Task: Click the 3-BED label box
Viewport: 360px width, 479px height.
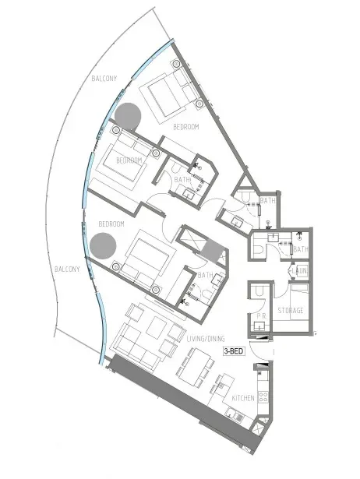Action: click(234, 351)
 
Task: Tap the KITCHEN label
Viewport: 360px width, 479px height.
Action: click(243, 398)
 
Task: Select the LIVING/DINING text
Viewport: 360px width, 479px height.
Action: click(206, 339)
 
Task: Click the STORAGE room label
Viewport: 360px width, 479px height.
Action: click(291, 310)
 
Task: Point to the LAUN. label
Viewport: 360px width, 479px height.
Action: click(299, 271)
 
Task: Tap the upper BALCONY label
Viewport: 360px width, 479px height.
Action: click(104, 79)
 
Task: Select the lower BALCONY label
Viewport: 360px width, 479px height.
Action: click(67, 269)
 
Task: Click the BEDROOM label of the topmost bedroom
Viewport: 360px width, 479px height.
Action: click(186, 127)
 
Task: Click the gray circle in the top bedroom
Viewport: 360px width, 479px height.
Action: click(128, 116)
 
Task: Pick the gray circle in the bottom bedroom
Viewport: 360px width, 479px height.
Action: click(104, 246)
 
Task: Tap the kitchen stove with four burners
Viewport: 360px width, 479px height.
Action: click(263, 397)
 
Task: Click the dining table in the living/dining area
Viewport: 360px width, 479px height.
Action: click(195, 368)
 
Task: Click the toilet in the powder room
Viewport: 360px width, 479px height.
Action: click(259, 291)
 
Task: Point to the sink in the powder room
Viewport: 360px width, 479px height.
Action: click(259, 326)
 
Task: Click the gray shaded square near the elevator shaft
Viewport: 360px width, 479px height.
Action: click(213, 250)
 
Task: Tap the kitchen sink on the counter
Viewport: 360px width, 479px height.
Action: click(235, 416)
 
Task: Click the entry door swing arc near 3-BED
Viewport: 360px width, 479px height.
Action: click(257, 354)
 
